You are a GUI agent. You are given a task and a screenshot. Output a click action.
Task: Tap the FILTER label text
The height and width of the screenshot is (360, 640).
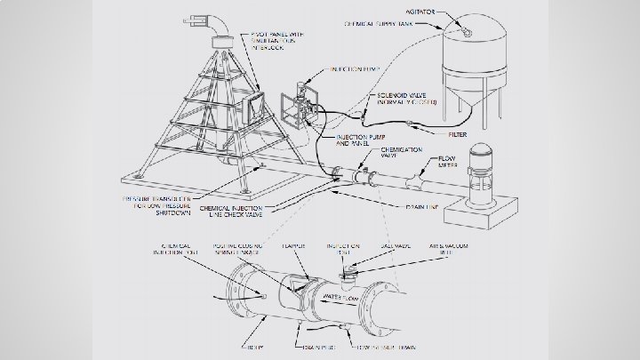click(x=458, y=134)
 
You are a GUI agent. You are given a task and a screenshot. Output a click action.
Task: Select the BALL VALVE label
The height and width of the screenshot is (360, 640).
click(x=381, y=245)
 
